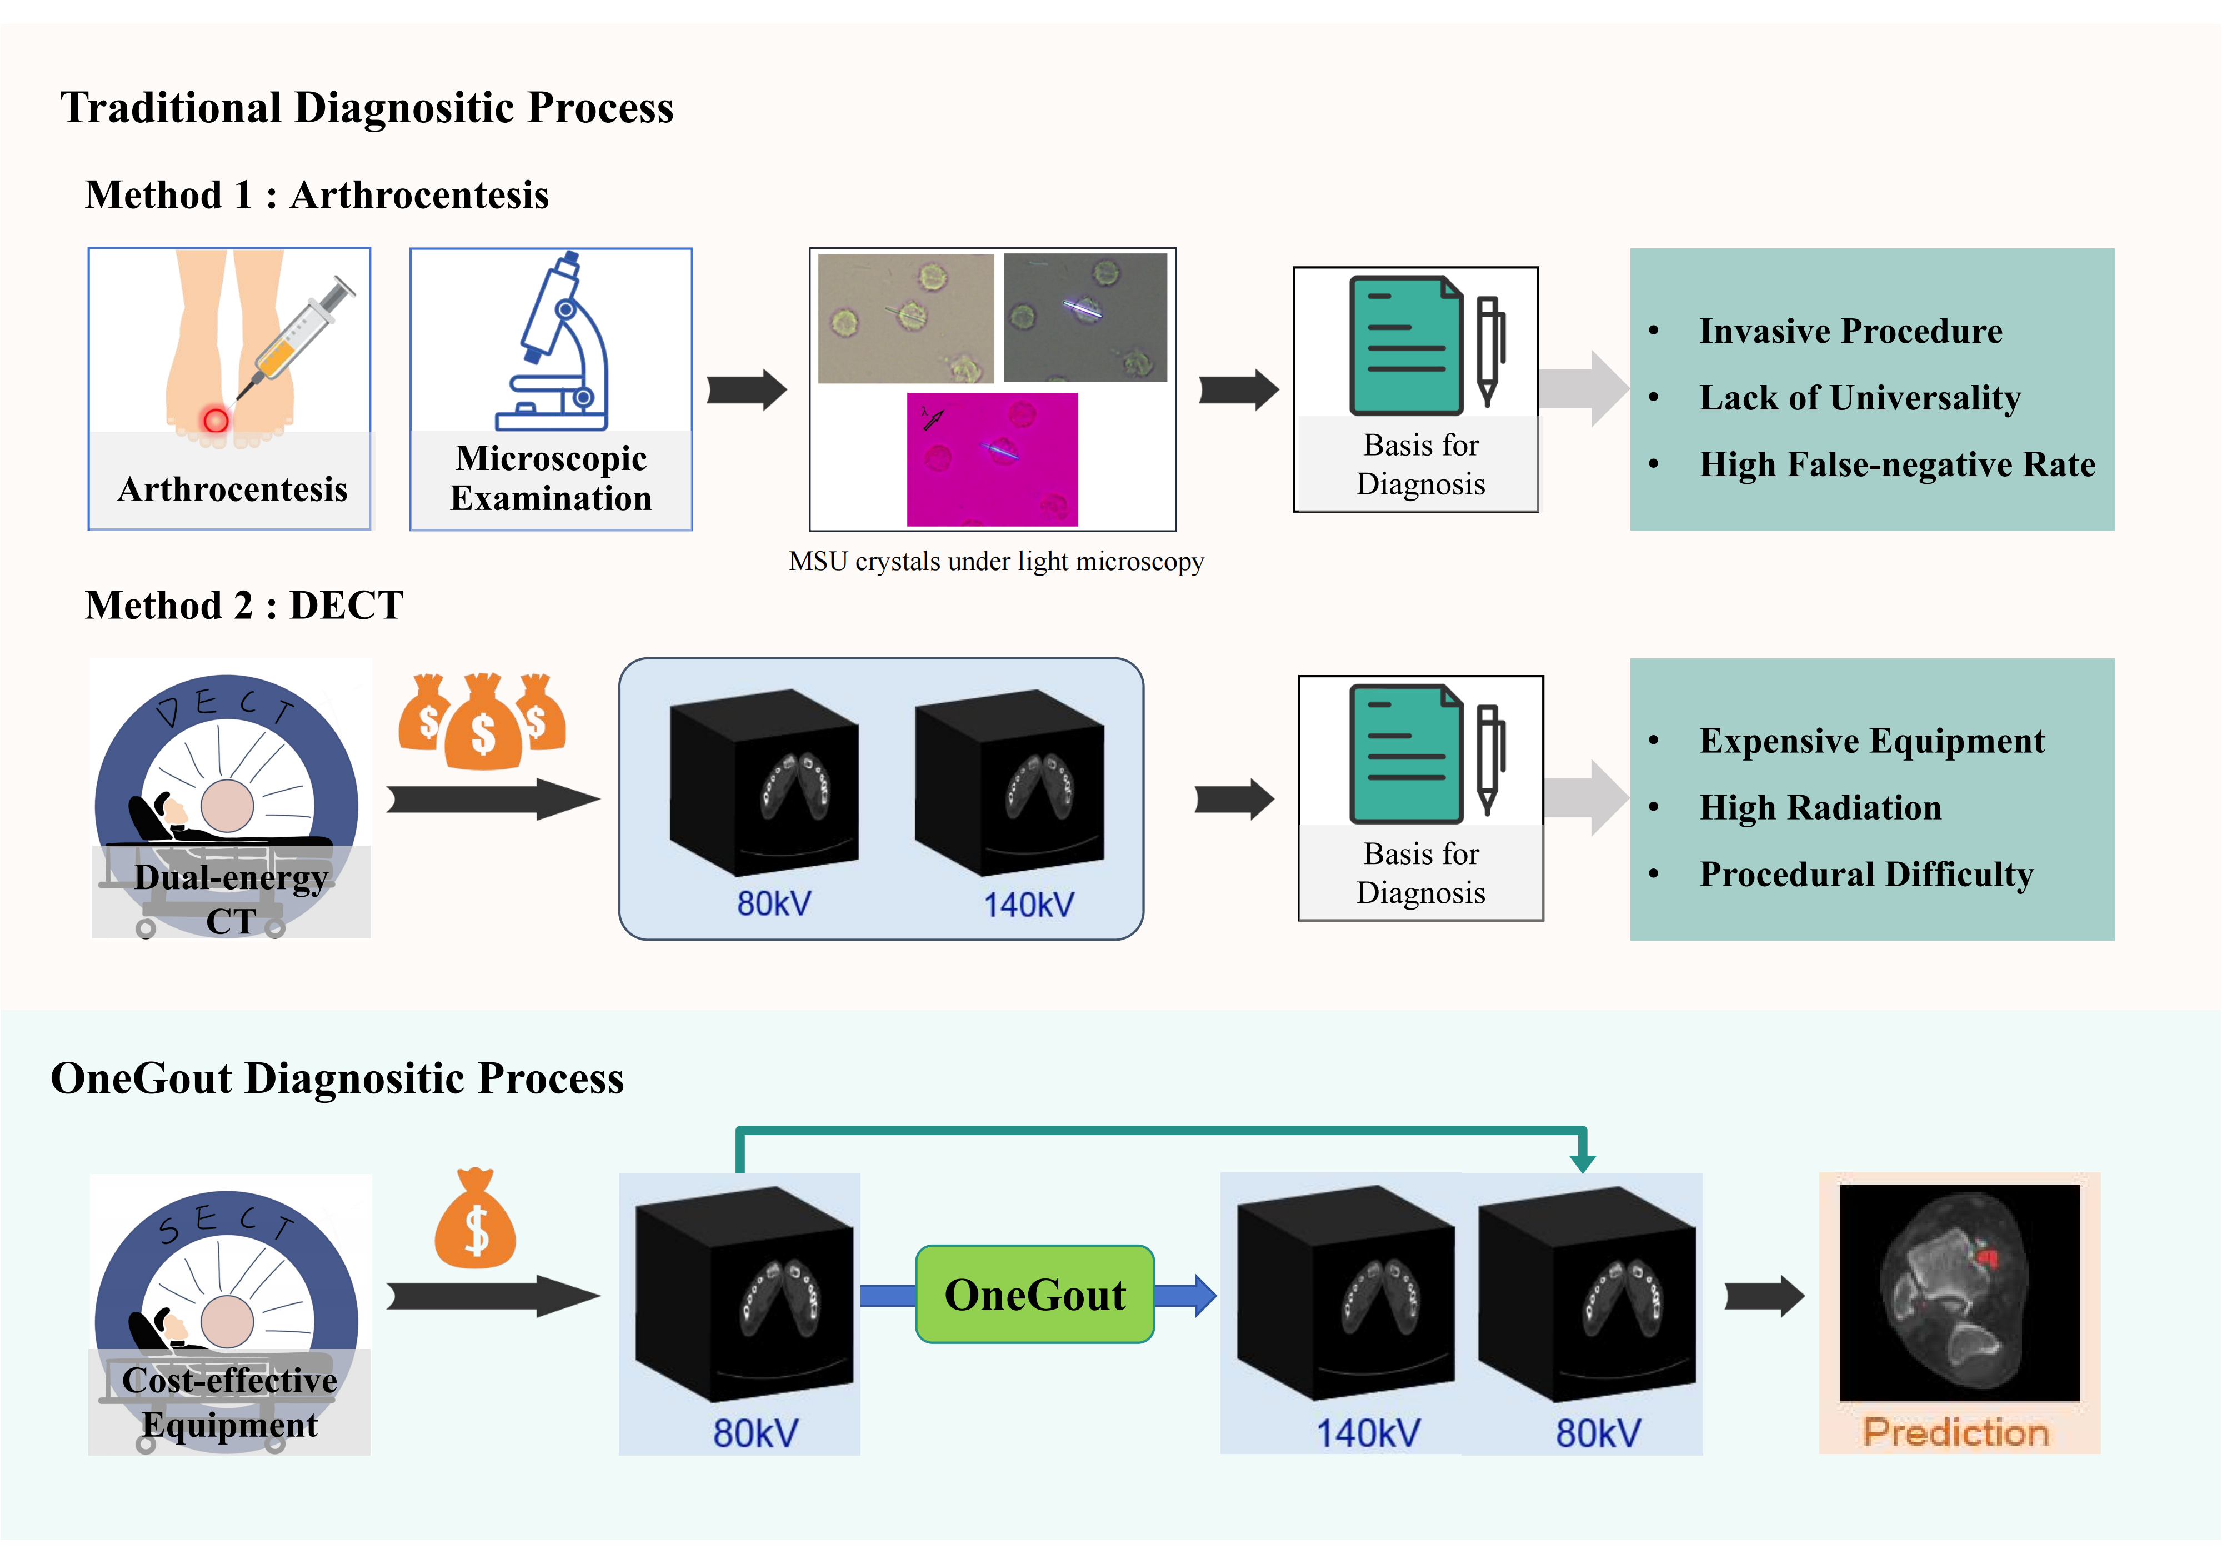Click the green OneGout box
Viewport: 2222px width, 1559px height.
(1034, 1294)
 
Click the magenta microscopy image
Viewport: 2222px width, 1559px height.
(992, 459)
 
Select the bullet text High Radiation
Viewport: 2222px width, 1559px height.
(1819, 807)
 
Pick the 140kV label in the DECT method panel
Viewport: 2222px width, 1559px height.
(1028, 905)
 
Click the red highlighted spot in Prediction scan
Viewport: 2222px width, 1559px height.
(1987, 1257)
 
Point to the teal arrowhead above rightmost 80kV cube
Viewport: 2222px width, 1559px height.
(1582, 1161)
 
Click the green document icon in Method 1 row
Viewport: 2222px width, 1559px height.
(1406, 346)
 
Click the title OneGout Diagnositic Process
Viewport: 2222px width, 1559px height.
(337, 1078)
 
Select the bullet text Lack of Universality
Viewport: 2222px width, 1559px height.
(1859, 398)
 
